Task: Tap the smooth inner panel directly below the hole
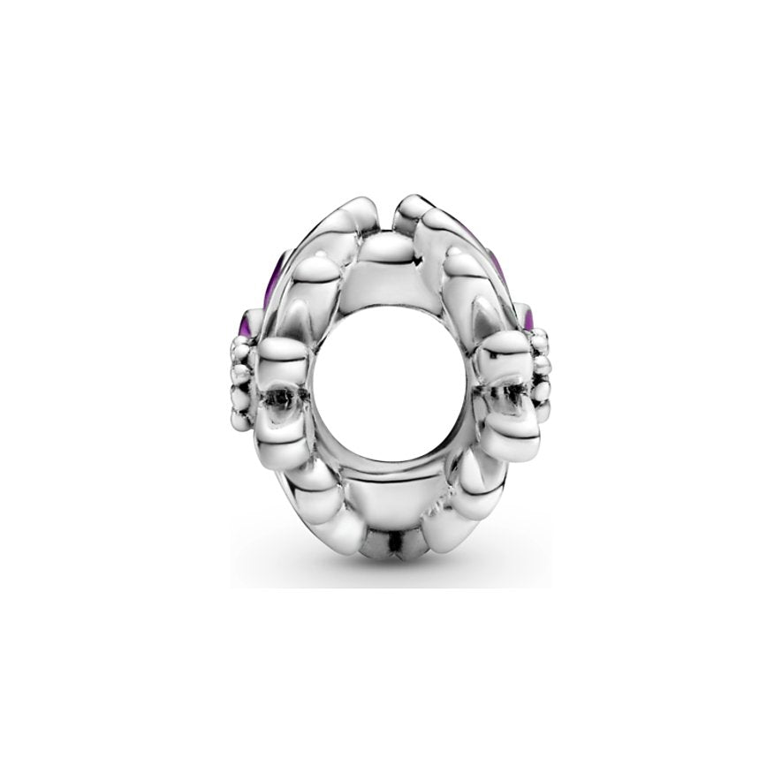coord(389,495)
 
